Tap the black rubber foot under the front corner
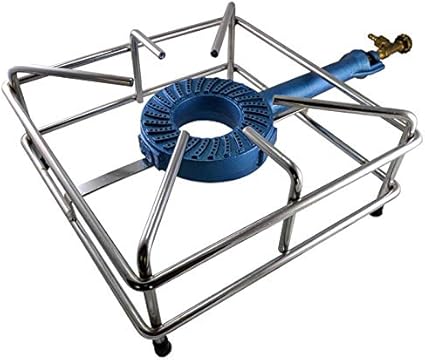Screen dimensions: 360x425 [160, 346]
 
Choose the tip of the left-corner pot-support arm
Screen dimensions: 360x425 [127, 80]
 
